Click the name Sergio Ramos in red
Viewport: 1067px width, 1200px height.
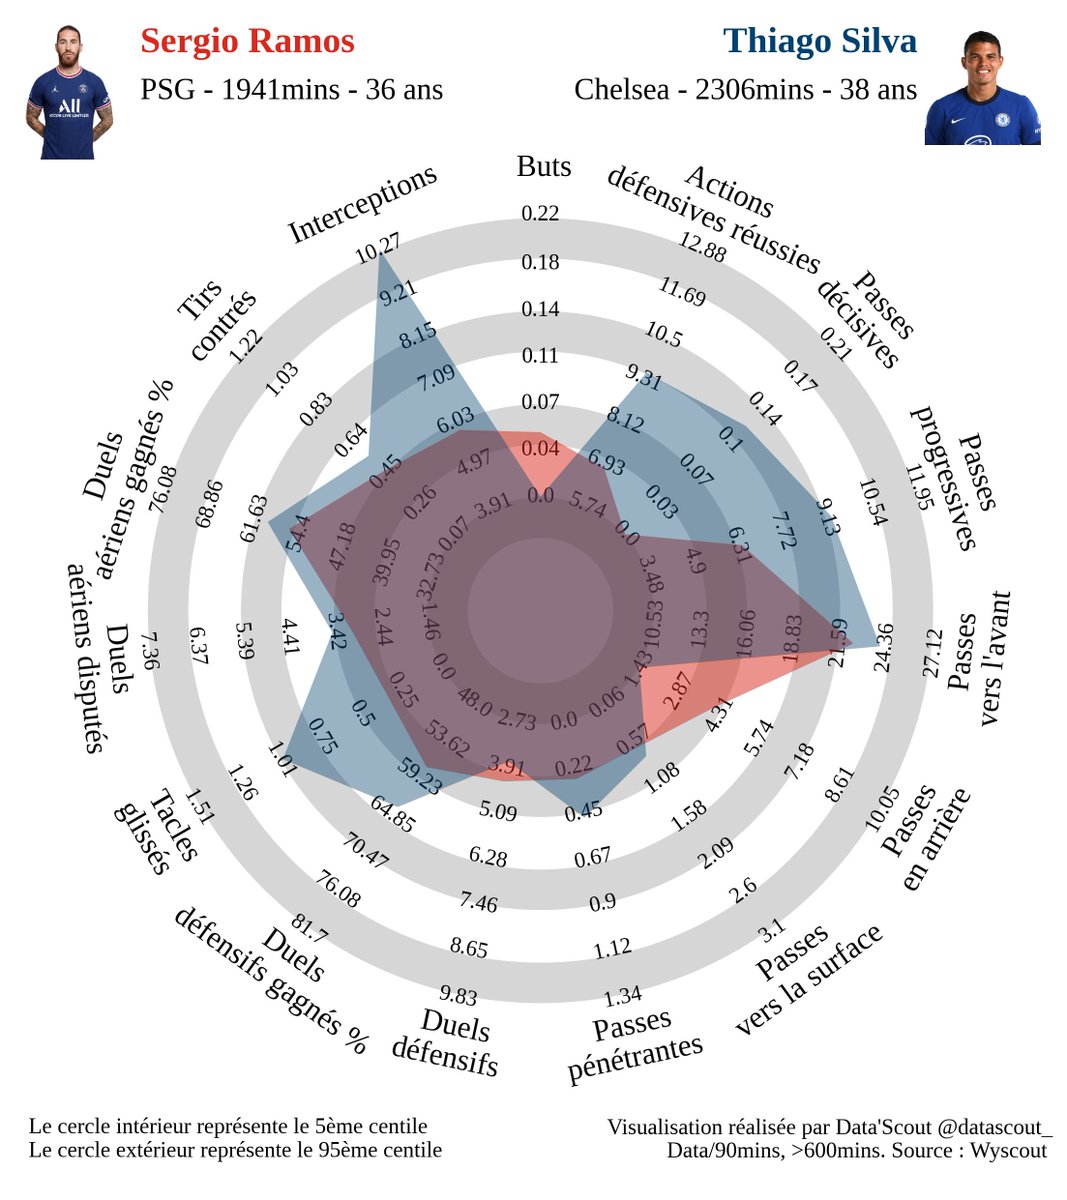247,41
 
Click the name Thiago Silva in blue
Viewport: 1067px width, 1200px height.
819,41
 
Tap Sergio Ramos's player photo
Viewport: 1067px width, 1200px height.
69,92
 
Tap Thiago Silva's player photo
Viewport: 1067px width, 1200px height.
982,87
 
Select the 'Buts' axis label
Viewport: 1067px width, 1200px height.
544,166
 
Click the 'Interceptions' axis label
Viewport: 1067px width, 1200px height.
363,204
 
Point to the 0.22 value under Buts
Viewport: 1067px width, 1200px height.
540,213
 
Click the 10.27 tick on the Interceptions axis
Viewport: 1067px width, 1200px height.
378,249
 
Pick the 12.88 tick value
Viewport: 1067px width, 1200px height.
703,246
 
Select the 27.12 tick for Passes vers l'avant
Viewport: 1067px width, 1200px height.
933,653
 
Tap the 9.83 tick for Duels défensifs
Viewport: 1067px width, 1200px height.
458,995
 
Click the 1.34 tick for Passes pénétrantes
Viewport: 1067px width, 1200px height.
623,995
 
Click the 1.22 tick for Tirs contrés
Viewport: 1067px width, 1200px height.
245,346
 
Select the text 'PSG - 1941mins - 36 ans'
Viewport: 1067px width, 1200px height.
291,90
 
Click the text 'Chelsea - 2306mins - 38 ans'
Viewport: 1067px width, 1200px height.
745,90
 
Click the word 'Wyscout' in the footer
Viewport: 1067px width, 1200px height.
1008,1150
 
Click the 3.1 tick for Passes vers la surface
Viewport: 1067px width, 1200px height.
772,931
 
